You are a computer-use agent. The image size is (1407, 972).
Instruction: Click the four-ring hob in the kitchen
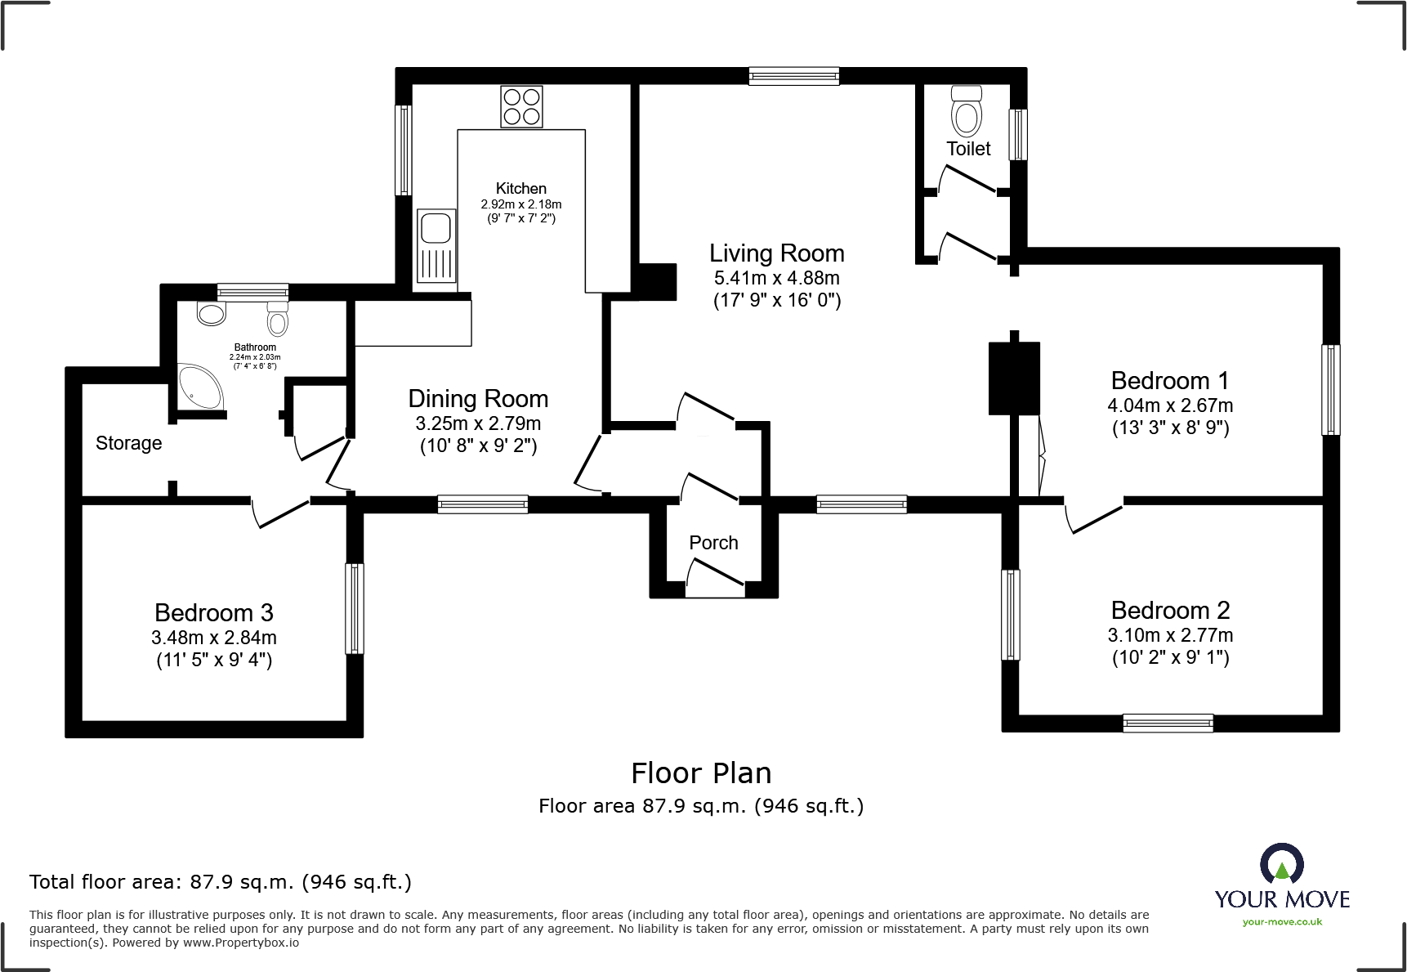point(521,107)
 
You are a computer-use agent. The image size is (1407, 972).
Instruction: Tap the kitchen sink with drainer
point(435,246)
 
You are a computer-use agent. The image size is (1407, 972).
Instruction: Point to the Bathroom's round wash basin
point(212,314)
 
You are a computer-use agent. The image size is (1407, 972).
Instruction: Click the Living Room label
point(776,253)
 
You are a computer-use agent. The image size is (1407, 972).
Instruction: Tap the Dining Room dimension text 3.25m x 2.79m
point(478,423)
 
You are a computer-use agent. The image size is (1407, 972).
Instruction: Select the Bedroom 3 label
point(214,613)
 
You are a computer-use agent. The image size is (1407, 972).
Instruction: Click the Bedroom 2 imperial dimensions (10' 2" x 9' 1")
point(1170,657)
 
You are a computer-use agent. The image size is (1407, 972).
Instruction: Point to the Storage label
point(129,443)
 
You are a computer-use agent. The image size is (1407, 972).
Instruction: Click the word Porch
point(713,543)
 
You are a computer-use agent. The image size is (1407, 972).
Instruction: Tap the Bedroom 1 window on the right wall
point(1331,389)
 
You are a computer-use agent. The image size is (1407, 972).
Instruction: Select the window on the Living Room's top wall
point(794,77)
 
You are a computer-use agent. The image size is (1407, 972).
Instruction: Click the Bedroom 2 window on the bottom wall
point(1168,723)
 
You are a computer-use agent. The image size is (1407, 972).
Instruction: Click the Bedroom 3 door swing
point(280,513)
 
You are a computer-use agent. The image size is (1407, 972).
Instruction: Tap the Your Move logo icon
point(1281,863)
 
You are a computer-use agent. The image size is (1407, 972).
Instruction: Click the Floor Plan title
point(701,773)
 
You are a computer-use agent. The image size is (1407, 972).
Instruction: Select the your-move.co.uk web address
point(1282,922)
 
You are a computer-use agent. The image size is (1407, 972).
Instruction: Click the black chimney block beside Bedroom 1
point(1014,378)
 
